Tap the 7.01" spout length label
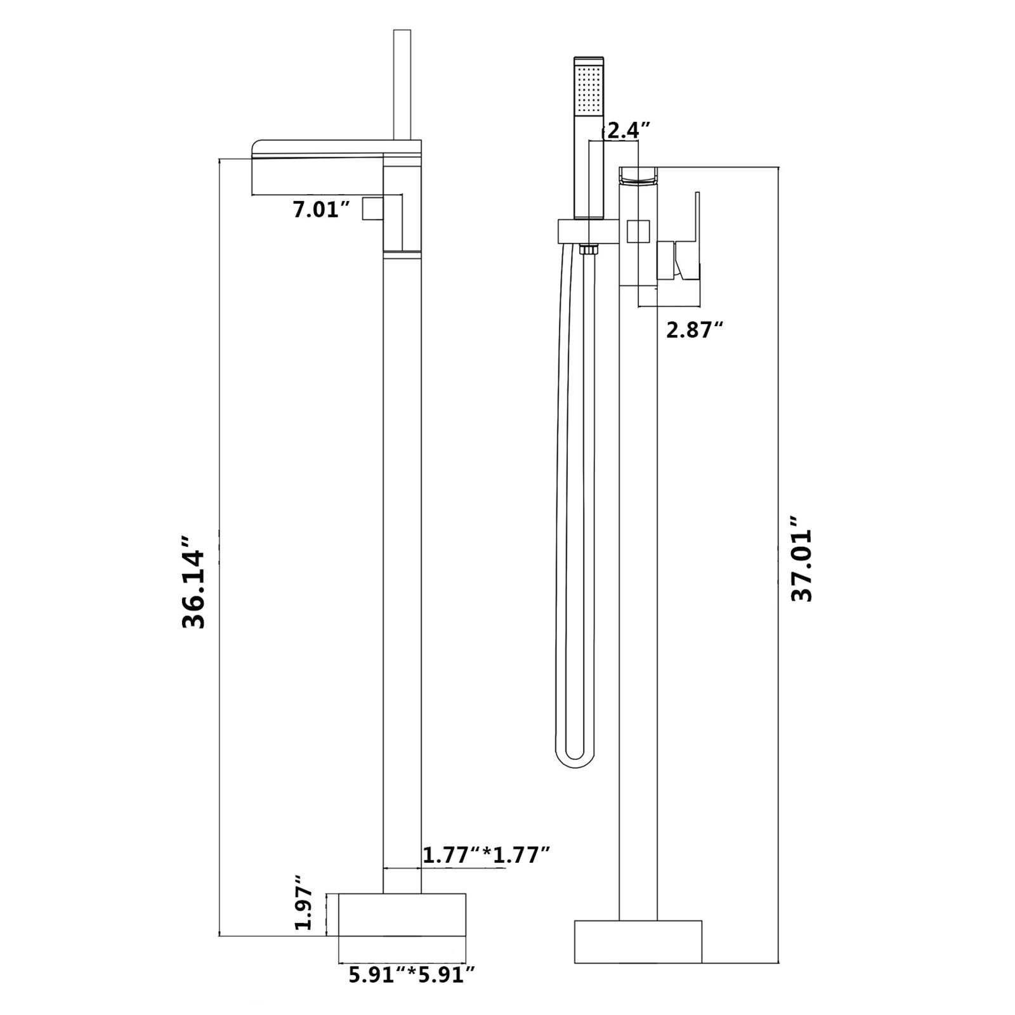click(x=322, y=209)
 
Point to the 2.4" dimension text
click(x=629, y=131)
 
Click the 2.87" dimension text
click(x=695, y=330)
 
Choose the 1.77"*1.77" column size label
click(x=486, y=855)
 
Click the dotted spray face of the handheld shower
click(x=589, y=87)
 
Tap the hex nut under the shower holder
click(x=589, y=249)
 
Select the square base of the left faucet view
click(x=402, y=914)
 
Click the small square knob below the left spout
click(x=374, y=208)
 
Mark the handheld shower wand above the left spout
click(x=402, y=82)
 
